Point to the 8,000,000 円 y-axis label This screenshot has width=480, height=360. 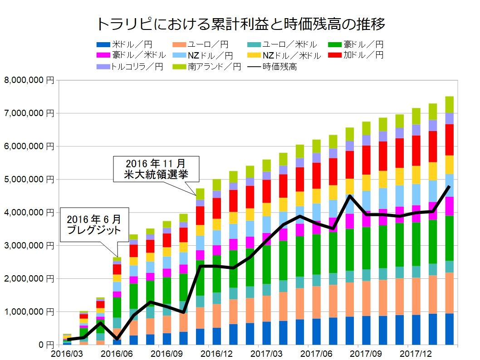click(x=29, y=80)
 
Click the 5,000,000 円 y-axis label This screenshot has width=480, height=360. click(x=29, y=180)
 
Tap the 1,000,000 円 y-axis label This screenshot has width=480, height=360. click(x=29, y=312)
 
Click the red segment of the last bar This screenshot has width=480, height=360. click(x=449, y=140)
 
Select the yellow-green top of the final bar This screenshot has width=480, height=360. click(x=449, y=104)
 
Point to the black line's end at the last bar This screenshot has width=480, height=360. click(x=449, y=186)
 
